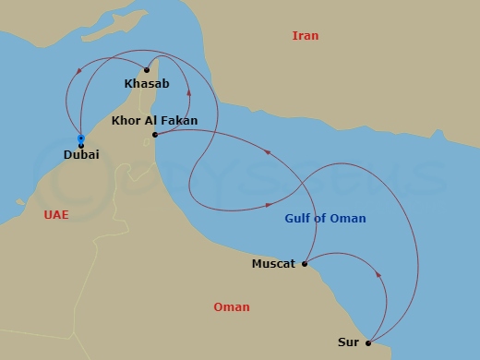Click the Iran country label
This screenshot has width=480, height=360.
(x=305, y=36)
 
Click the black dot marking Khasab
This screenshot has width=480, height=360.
(x=147, y=69)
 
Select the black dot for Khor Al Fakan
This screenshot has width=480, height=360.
(x=156, y=135)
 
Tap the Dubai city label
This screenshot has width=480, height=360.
(x=81, y=157)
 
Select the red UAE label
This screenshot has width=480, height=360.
(x=56, y=214)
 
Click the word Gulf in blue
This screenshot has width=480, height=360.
(x=295, y=218)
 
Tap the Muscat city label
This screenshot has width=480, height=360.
(x=273, y=264)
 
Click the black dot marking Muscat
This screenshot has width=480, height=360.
(x=305, y=263)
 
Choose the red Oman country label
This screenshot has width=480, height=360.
(x=231, y=307)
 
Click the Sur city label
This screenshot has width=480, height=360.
(x=349, y=342)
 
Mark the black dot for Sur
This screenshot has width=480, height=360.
(x=368, y=342)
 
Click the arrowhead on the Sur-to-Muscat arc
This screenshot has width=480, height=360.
(x=380, y=274)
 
